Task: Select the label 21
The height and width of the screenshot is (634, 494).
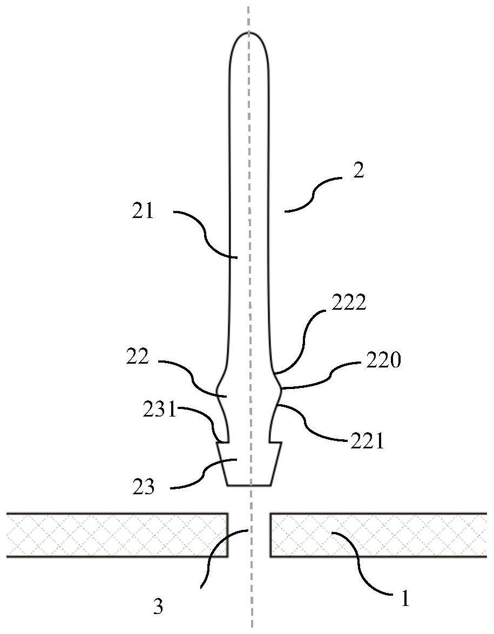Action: tap(143, 211)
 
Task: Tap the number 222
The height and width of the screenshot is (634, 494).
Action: tap(349, 302)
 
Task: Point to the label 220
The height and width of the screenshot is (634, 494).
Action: tap(383, 360)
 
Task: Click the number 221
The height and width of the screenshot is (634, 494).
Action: tap(367, 442)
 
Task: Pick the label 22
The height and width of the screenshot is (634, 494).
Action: tap(138, 357)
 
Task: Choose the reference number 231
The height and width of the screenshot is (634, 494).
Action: tap(160, 411)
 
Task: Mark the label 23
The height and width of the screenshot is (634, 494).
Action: tap(143, 487)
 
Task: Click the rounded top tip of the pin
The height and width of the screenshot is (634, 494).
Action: tap(249, 32)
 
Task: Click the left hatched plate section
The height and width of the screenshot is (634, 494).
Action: tap(117, 535)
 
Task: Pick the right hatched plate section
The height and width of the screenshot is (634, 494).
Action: tap(378, 535)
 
